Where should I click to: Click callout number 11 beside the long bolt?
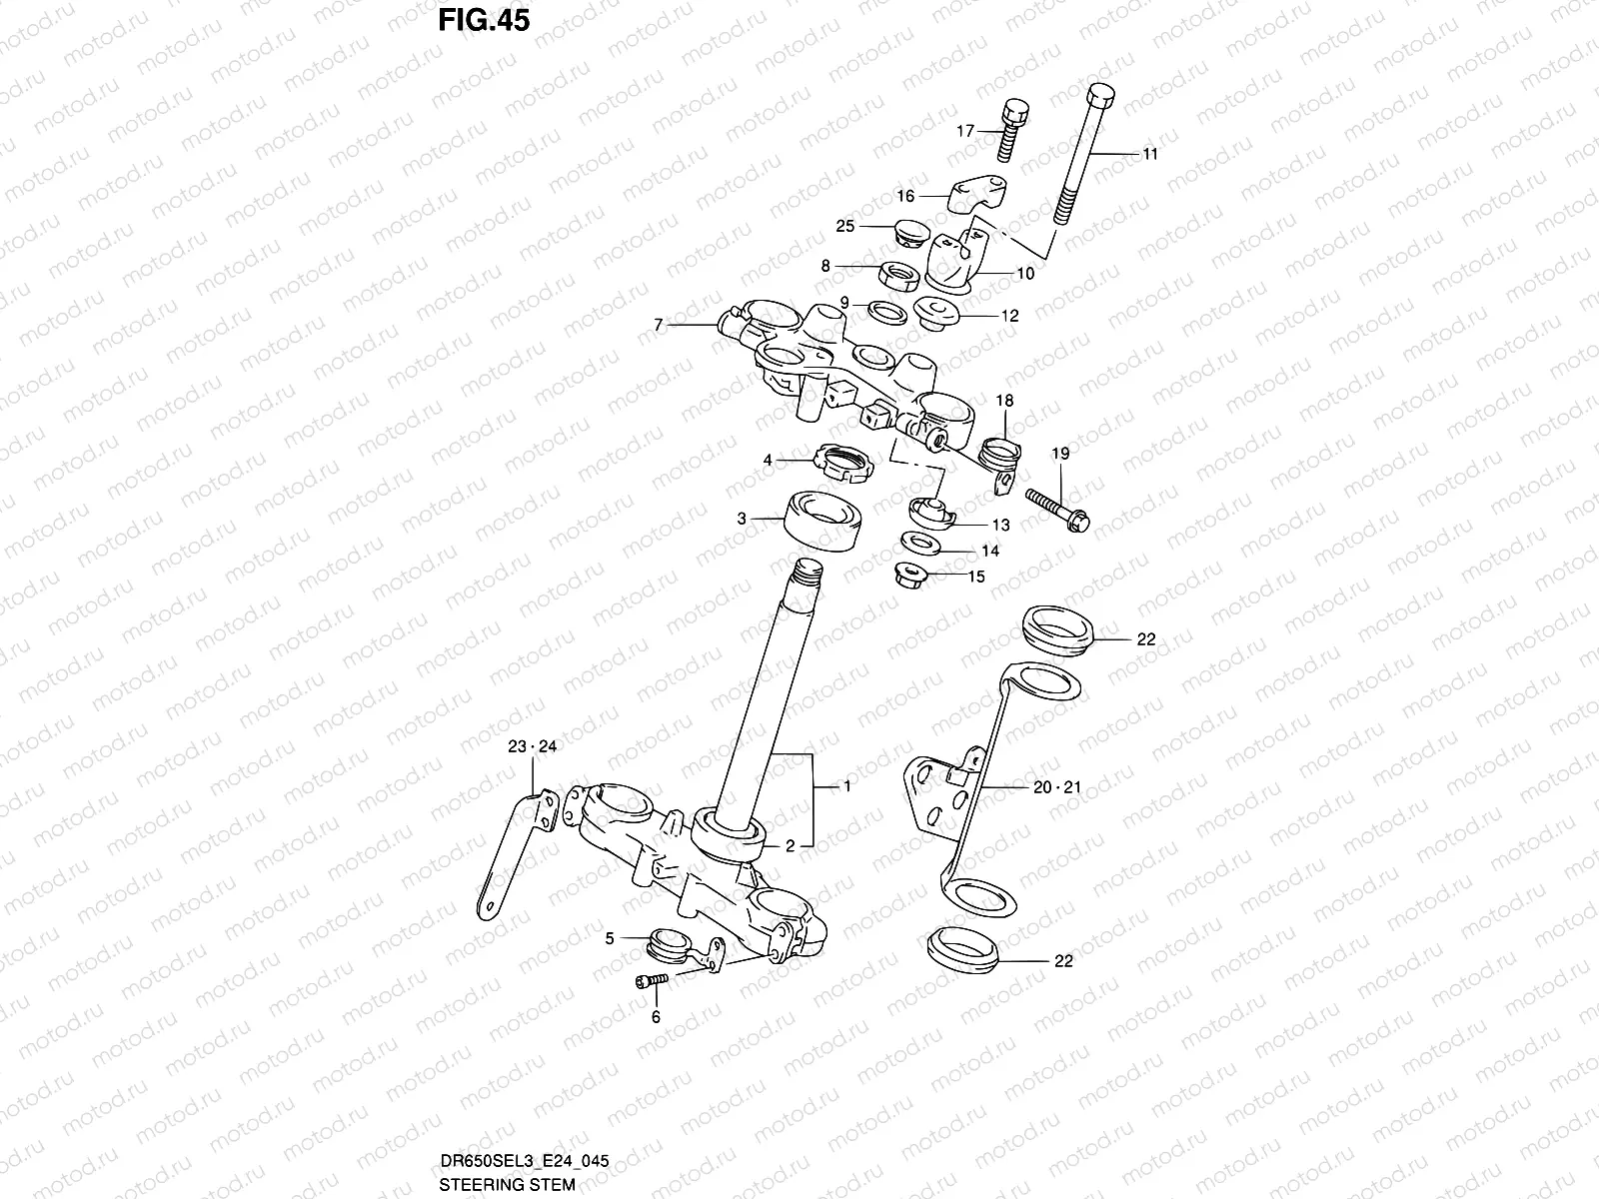pyautogui.click(x=1150, y=155)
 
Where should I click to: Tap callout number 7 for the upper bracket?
pyautogui.click(x=658, y=325)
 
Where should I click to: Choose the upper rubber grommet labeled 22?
pyautogui.click(x=1058, y=629)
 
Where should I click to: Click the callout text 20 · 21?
pyautogui.click(x=1056, y=787)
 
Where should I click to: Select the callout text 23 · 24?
pyautogui.click(x=533, y=746)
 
